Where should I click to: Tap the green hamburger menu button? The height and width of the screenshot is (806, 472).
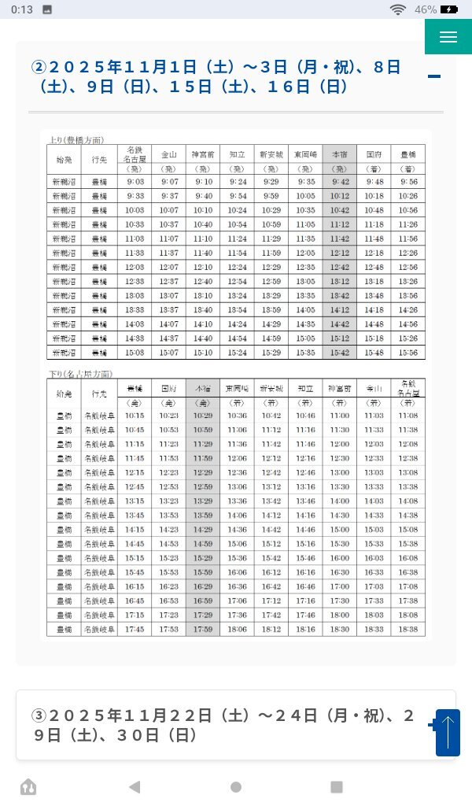(x=448, y=37)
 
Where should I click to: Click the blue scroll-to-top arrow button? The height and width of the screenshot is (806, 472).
(x=448, y=733)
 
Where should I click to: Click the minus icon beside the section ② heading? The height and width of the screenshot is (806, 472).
(x=433, y=76)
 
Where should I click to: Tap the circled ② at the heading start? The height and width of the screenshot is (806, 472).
(x=39, y=67)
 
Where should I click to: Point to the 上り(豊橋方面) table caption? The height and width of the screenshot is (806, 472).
(x=76, y=139)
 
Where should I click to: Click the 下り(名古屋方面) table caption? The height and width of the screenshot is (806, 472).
(x=79, y=374)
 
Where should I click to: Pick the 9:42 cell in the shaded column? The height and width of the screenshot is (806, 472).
(x=340, y=182)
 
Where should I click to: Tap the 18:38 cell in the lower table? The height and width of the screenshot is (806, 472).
(x=407, y=629)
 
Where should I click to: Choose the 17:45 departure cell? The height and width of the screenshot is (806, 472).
(x=135, y=629)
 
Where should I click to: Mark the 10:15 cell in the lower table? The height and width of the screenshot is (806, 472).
(x=135, y=415)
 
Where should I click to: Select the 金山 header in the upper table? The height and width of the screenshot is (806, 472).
(x=168, y=154)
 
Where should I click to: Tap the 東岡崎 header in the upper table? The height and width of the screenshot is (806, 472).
(x=305, y=154)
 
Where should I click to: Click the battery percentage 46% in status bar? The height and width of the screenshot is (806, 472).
(x=426, y=9)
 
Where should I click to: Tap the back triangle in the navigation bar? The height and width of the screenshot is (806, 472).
(x=135, y=786)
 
